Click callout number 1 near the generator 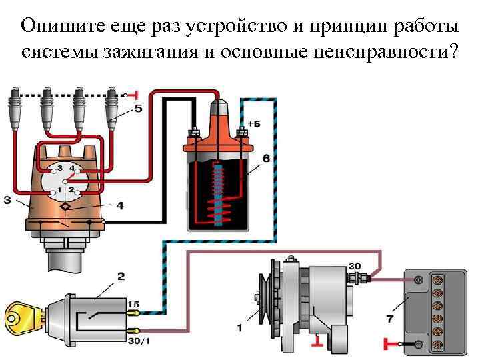click(240, 328)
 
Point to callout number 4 click(120, 207)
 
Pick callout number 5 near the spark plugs click(138, 109)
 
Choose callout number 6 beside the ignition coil click(266, 159)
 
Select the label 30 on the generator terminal click(355, 266)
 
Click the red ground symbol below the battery click(390, 345)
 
